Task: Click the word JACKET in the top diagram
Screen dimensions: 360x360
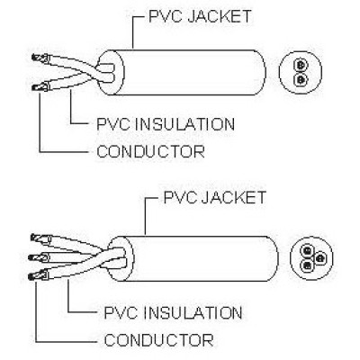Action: [x=220, y=16]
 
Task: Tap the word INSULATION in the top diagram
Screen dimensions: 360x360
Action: [x=184, y=124]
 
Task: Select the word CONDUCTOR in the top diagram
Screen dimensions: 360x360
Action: [x=151, y=151]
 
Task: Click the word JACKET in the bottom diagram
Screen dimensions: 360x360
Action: [x=234, y=197]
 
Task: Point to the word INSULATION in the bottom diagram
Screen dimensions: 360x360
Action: [x=193, y=312]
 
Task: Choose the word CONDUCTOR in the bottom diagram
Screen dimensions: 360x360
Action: [x=158, y=340]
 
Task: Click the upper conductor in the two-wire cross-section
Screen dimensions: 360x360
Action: [x=301, y=65]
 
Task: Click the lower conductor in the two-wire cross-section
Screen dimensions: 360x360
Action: [x=301, y=79]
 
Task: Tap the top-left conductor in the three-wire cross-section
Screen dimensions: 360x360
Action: [x=307, y=249]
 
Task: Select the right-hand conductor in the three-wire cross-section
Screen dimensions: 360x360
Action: [x=320, y=257]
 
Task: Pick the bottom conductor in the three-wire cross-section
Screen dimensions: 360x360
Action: [x=307, y=265]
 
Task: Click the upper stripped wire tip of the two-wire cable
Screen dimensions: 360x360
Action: [x=40, y=58]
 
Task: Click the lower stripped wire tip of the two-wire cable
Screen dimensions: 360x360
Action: [x=40, y=87]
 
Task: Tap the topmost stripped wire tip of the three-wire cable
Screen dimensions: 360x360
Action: [x=40, y=238]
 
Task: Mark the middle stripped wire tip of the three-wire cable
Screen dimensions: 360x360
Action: [x=38, y=257]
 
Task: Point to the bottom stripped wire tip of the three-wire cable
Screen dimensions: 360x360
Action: [x=38, y=275]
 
